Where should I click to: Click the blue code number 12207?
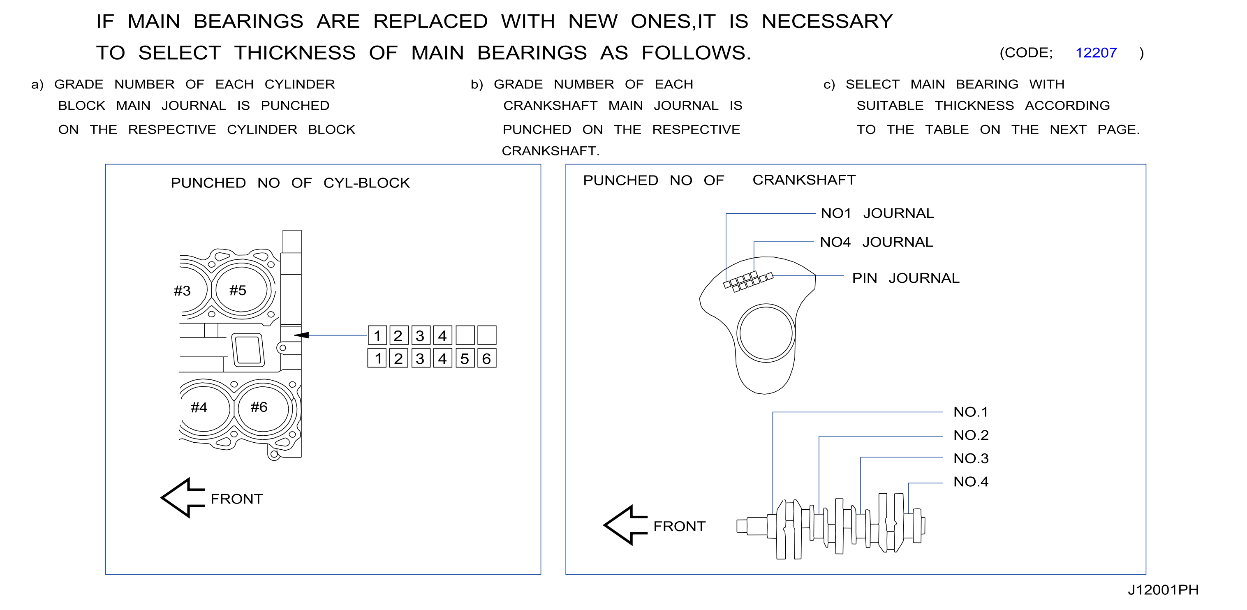[1096, 53]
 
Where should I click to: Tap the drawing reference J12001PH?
[1163, 590]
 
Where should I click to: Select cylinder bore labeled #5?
[241, 289]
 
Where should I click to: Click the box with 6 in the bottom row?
[487, 358]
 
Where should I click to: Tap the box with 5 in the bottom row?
[465, 358]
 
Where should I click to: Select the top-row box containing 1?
[377, 335]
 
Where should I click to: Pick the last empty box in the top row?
[487, 335]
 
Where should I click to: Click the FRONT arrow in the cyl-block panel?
[182, 498]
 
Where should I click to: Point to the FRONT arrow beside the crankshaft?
[625, 525]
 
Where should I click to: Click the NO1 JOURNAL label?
[877, 213]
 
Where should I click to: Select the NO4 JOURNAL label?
[876, 242]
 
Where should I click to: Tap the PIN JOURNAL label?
[906, 278]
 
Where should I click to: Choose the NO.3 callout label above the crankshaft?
[971, 458]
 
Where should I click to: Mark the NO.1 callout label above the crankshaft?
[971, 412]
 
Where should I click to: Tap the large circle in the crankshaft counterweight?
[766, 305]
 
